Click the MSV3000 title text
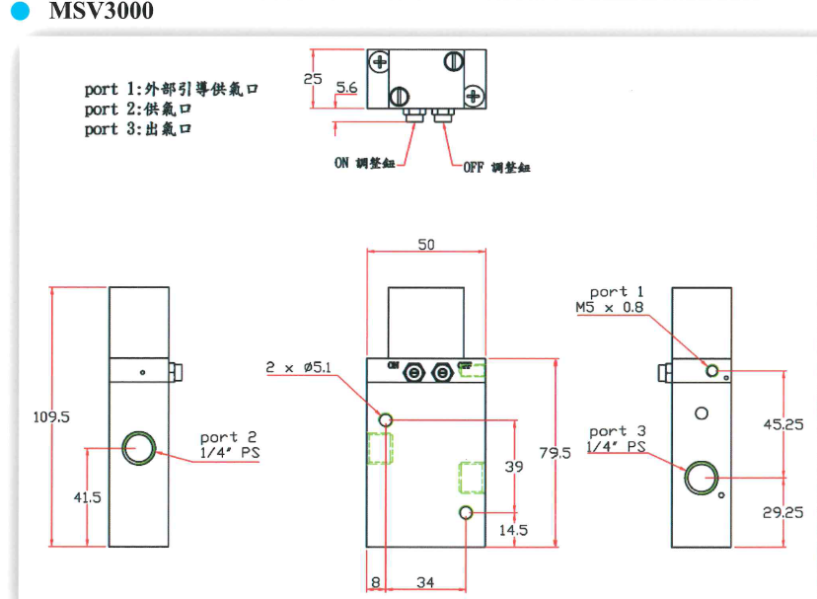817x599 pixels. coord(101,14)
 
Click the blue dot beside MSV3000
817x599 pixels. coord(18,14)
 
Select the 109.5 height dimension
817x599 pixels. coord(51,417)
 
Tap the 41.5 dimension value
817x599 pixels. coord(88,497)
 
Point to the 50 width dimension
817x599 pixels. coord(425,244)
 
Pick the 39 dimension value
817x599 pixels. coord(514,466)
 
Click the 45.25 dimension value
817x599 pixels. coord(784,425)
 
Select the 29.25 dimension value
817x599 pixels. coord(784,512)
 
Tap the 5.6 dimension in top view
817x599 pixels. coord(346,89)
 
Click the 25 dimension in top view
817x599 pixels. coord(313,77)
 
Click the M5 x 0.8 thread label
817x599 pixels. coord(610,307)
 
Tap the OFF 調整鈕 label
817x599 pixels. coord(496,168)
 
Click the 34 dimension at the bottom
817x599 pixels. coord(425,583)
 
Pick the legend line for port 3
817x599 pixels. coord(137,129)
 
